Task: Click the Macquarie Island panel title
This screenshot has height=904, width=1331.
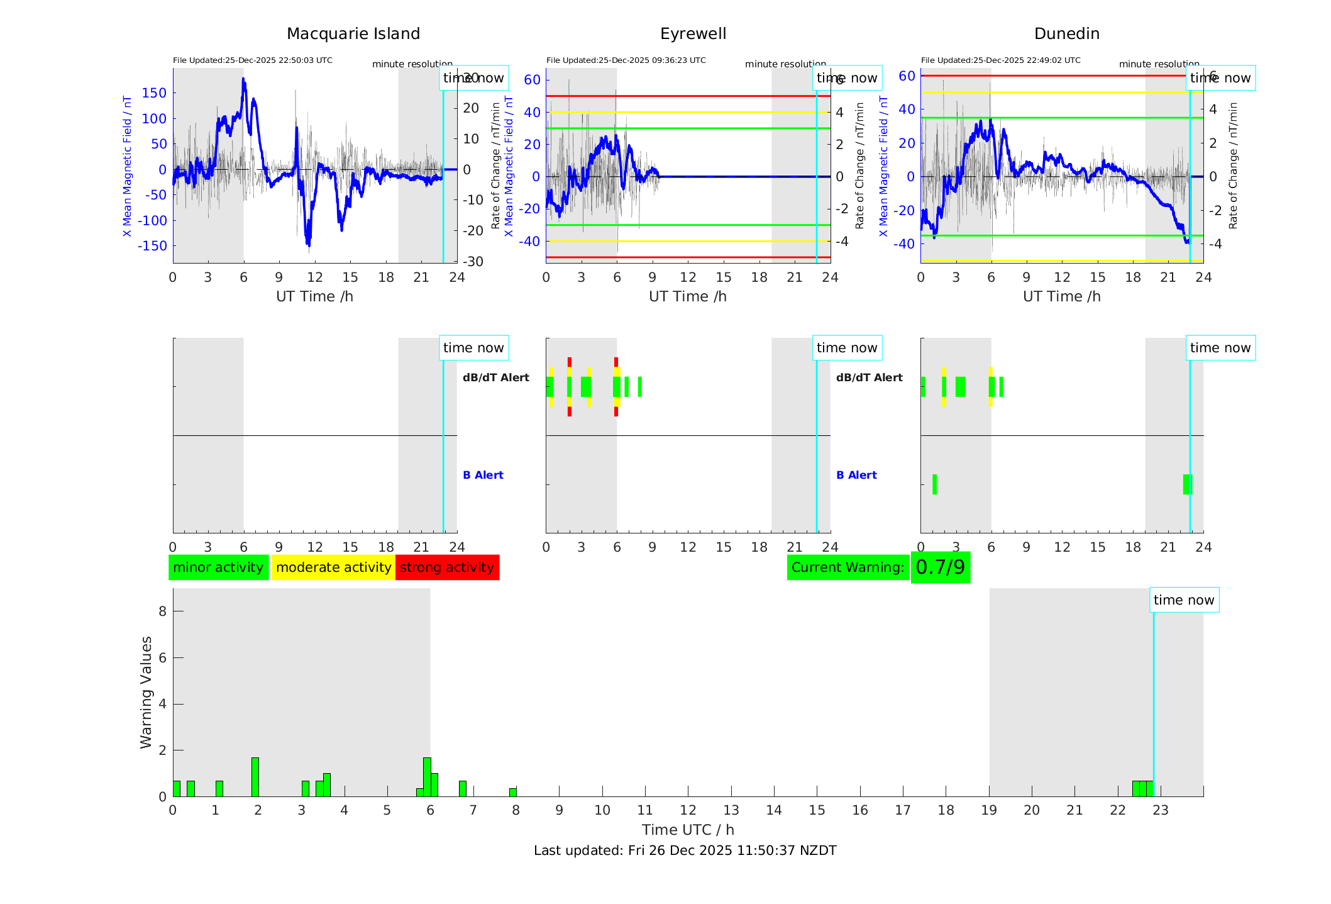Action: tap(353, 34)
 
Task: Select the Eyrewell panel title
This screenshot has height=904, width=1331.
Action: tap(693, 34)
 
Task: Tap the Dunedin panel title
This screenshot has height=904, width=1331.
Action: tap(1066, 34)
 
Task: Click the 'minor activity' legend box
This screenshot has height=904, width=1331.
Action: tap(218, 567)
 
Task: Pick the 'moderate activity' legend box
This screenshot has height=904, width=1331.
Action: tap(333, 567)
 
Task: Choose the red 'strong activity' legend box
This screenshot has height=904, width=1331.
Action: tap(447, 567)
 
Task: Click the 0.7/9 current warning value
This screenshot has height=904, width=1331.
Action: tap(940, 567)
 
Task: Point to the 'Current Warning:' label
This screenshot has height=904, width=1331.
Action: tap(848, 567)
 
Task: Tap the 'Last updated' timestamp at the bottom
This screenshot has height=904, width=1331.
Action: tap(685, 851)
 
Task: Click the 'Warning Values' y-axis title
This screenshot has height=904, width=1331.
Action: tap(146, 692)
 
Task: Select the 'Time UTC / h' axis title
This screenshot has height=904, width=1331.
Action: tap(688, 830)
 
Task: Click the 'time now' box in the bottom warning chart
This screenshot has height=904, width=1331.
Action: tap(1184, 600)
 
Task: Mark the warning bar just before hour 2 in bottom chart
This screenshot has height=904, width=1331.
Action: tap(255, 777)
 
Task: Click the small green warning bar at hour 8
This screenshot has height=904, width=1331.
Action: tap(513, 792)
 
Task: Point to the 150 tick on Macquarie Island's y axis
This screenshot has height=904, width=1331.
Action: tap(154, 93)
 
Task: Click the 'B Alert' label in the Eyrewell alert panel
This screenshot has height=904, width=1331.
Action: tap(856, 475)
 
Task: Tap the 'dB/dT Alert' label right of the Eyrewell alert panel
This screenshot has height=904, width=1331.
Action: tap(869, 377)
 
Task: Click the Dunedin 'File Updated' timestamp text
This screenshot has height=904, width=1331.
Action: tap(1000, 60)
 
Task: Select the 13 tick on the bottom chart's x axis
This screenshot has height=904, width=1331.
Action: tap(731, 810)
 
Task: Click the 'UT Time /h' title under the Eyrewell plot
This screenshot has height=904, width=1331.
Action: tap(688, 296)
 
